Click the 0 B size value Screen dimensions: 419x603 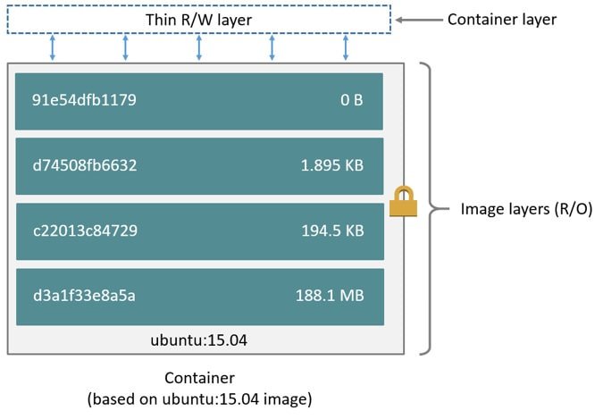351,100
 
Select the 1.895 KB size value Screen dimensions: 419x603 331,165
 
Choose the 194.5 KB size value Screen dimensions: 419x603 332,230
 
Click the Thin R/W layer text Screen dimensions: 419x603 198,20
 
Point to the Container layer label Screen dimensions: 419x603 501,19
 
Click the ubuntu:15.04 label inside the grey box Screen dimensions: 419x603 199,339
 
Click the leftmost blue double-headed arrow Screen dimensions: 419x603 53,48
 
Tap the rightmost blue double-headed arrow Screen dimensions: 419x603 346,48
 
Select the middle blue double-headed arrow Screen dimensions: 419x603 199,48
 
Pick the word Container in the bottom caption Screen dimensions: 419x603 199,378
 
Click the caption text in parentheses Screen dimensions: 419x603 199,399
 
